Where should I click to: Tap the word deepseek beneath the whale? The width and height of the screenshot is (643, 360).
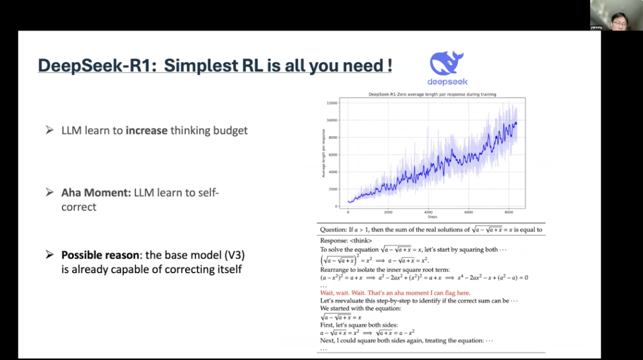click(447, 82)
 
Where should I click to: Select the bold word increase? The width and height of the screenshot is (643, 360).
click(146, 130)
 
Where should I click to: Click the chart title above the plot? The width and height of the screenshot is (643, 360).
click(432, 94)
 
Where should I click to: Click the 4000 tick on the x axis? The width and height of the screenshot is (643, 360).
click(428, 212)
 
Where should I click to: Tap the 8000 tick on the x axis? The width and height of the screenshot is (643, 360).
click(508, 212)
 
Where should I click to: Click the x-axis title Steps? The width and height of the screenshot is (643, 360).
click(432, 217)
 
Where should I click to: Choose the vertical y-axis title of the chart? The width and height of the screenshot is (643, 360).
click(324, 154)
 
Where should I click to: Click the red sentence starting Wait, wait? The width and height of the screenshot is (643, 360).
click(395, 293)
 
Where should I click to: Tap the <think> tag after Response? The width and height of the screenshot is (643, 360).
click(361, 241)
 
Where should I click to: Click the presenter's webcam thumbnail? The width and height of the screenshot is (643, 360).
click(616, 15)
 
